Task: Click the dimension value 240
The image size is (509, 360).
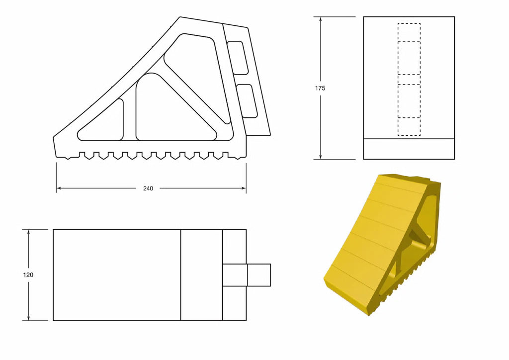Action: click(x=148, y=188)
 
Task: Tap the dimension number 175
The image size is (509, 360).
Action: click(x=320, y=88)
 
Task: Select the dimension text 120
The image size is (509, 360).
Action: click(x=28, y=274)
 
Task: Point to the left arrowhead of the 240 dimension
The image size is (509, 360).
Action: click(x=59, y=188)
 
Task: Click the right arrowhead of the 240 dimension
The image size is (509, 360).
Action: click(x=244, y=188)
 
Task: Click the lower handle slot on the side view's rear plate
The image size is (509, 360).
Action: click(x=247, y=101)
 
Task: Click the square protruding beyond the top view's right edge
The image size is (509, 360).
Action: click(x=258, y=275)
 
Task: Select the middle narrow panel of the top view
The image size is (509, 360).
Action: click(x=201, y=275)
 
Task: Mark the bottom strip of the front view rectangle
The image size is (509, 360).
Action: click(x=409, y=149)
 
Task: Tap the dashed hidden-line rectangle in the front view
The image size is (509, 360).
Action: click(x=409, y=80)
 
